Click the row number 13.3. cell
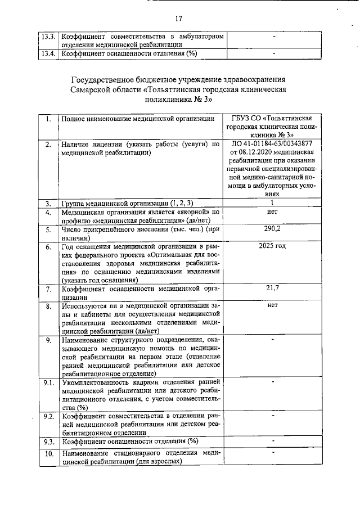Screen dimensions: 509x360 (48, 37)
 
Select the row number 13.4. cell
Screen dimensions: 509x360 (48, 54)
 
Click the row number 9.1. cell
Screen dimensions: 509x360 (49, 382)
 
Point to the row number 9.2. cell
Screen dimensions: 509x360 (49, 416)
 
